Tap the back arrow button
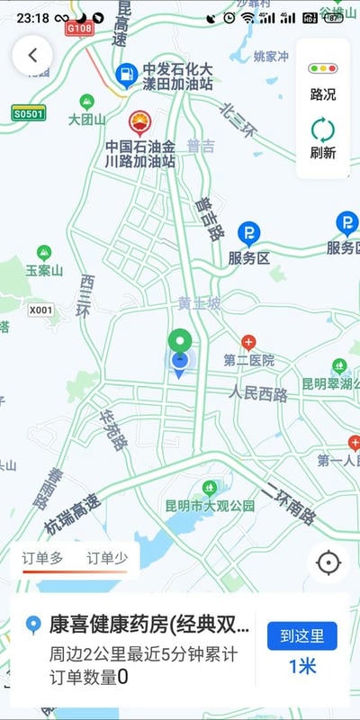click(32, 55)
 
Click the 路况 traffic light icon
click(322, 68)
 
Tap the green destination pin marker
click(180, 342)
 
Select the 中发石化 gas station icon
click(127, 72)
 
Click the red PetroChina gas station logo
click(139, 121)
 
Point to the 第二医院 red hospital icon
click(248, 343)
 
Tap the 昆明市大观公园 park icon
click(210, 488)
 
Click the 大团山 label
click(87, 118)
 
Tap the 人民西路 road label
click(258, 393)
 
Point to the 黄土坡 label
click(198, 303)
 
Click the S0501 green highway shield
click(28, 113)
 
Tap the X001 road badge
click(40, 310)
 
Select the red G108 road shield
click(81, 29)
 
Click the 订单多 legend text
click(42, 558)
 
